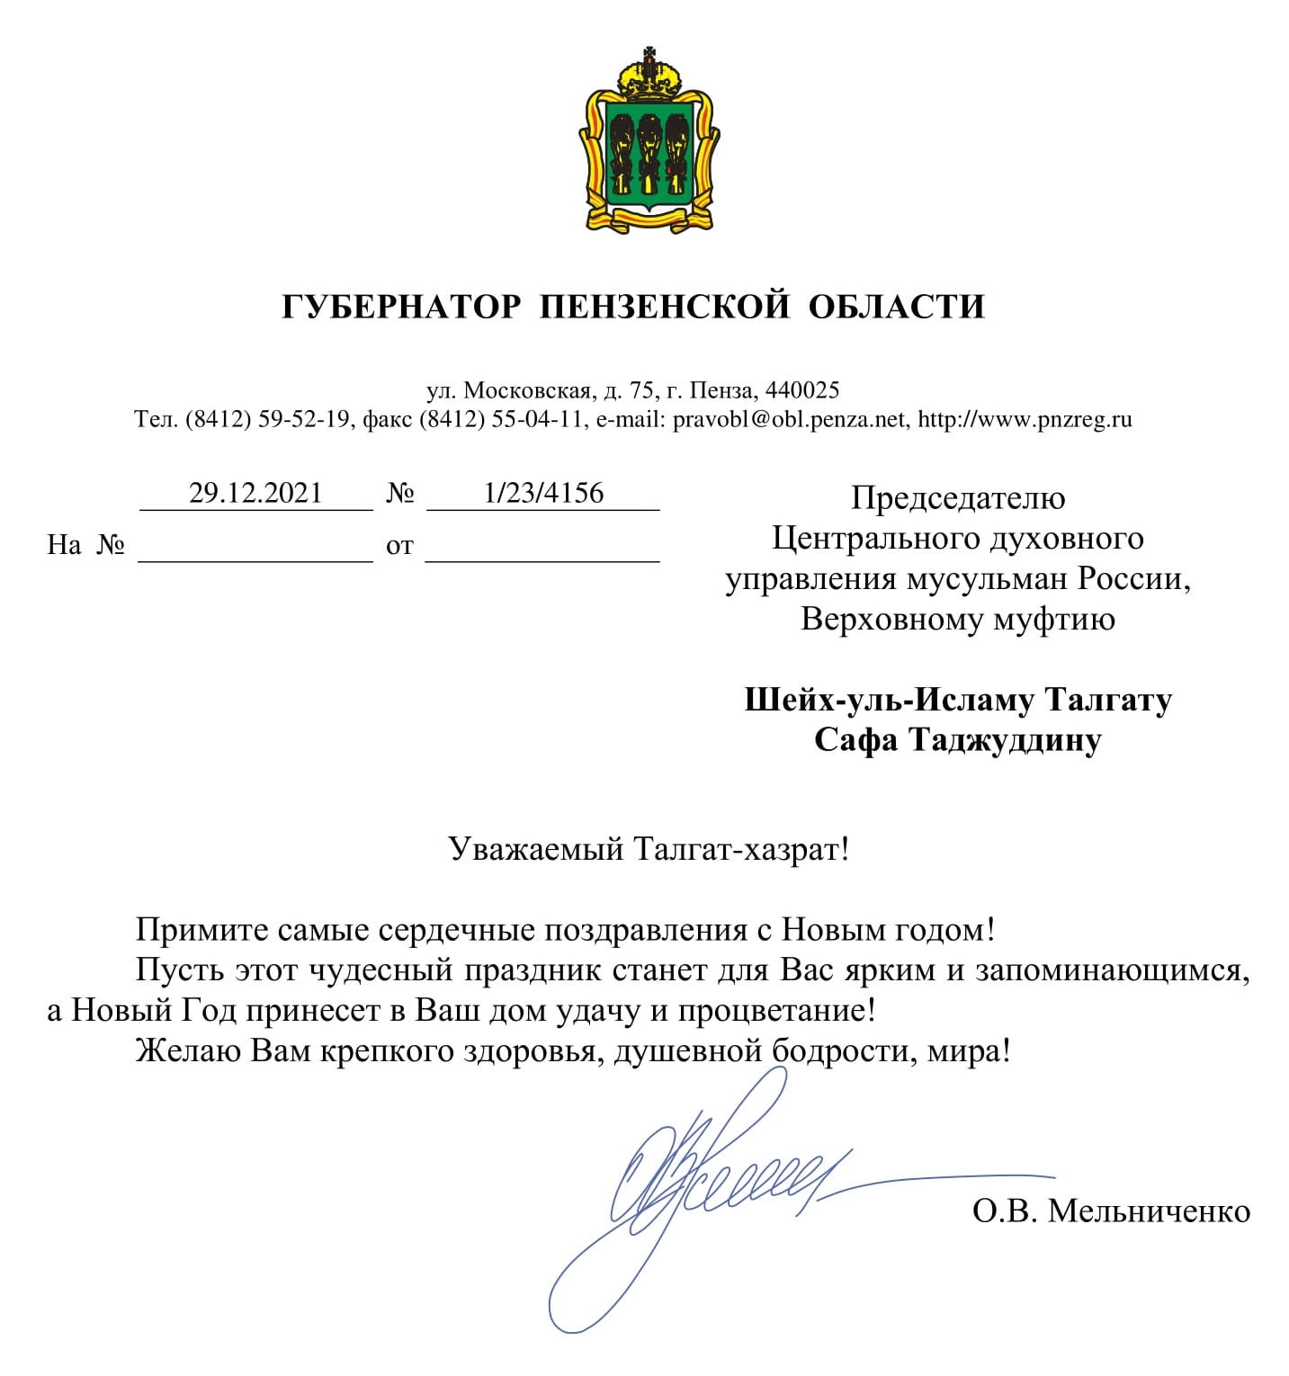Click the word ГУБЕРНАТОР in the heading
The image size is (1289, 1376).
click(401, 307)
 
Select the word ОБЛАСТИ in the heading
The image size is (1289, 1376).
click(896, 307)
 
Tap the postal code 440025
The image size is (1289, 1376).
click(801, 390)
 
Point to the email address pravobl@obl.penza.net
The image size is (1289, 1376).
click(789, 419)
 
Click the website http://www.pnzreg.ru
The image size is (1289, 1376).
click(1025, 419)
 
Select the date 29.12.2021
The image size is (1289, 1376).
click(255, 493)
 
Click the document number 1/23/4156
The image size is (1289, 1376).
click(543, 493)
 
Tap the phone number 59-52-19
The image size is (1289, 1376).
click(303, 419)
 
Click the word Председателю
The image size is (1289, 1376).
click(958, 497)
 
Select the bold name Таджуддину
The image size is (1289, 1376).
click(1005, 740)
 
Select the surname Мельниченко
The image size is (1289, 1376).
click(1149, 1211)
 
